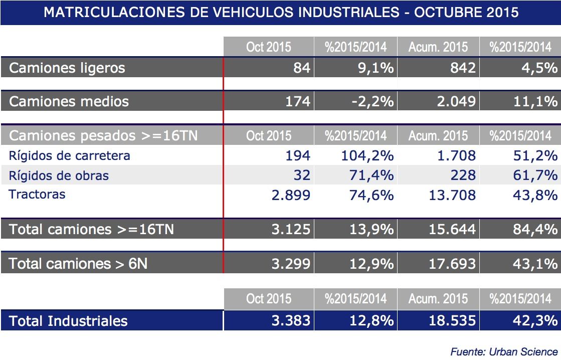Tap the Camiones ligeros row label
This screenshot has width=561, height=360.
67,68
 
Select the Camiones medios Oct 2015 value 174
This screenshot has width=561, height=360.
298,102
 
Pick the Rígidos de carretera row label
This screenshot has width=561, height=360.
70,156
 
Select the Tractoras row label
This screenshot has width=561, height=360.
37,195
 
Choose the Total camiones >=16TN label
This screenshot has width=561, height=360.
92,230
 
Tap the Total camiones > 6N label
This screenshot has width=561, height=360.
78,263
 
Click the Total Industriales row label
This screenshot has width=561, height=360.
68,321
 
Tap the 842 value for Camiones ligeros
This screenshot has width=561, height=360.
463,68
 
